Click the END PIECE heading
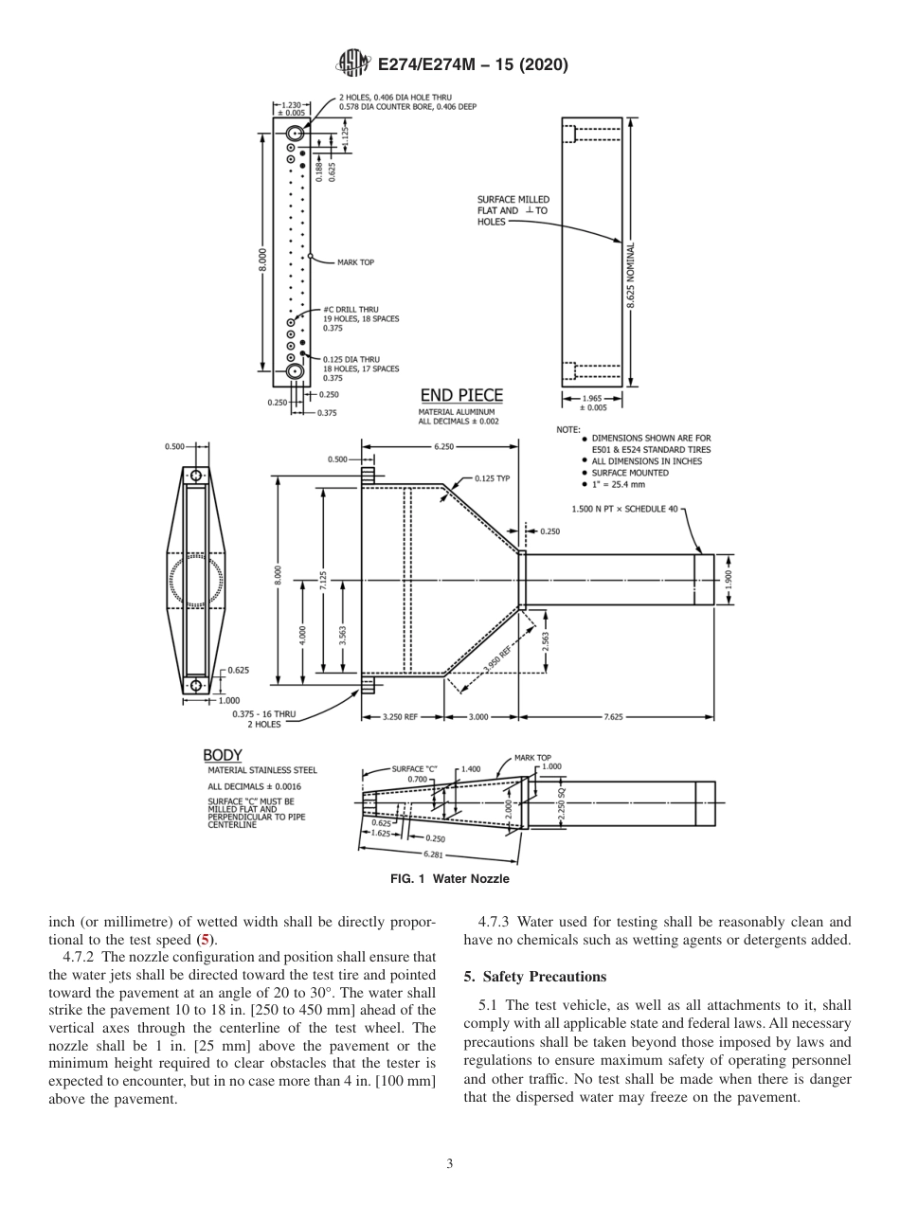[461, 395]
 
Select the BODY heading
[223, 755]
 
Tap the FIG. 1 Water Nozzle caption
[450, 879]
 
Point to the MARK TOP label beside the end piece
[355, 262]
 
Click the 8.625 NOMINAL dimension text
[631, 274]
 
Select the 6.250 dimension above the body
[442, 446]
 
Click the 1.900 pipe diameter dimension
[729, 579]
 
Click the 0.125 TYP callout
[492, 478]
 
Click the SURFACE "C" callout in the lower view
[414, 769]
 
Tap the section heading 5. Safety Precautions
[534, 977]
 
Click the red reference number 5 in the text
[204, 940]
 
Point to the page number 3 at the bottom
[450, 1164]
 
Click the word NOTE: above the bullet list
[567, 429]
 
